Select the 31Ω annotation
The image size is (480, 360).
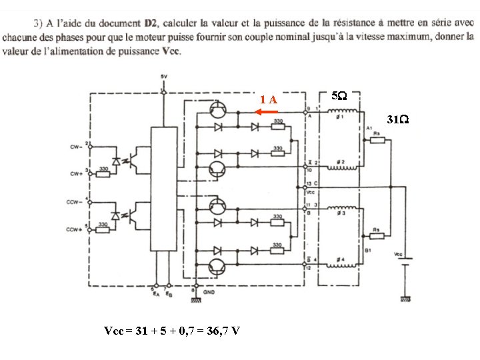[399, 121]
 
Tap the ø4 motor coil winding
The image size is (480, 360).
[340, 260]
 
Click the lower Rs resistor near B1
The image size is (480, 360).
[377, 235]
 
